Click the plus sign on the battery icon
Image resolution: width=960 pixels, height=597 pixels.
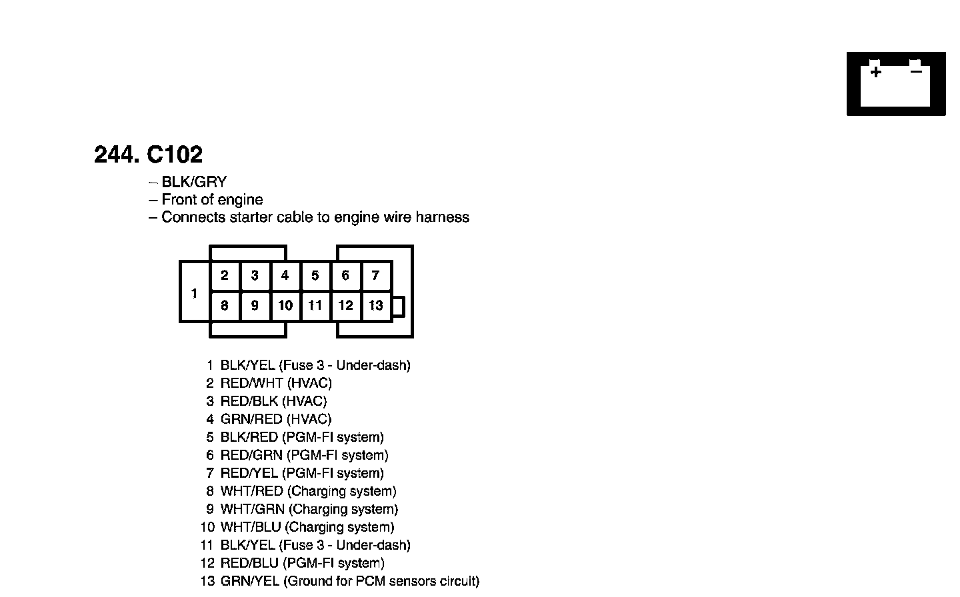875,72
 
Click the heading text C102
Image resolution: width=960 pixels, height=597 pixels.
174,155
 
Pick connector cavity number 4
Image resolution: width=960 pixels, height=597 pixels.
285,275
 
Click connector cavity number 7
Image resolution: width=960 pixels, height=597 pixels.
376,275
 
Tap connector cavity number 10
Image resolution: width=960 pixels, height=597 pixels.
285,305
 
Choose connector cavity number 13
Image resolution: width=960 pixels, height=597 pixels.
376,305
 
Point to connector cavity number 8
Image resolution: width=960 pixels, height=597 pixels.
225,305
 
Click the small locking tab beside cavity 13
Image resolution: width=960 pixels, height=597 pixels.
398,306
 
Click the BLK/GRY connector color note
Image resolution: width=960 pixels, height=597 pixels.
194,182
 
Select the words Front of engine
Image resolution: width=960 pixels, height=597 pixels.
212,199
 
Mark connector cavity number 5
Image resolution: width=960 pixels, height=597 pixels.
315,275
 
